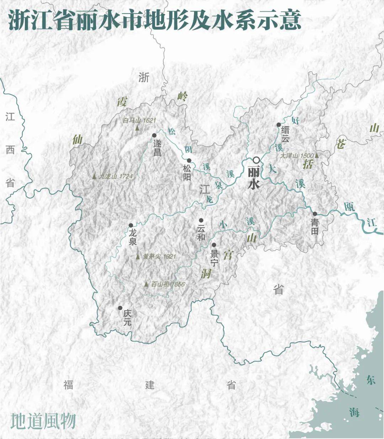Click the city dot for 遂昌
pos(154,135)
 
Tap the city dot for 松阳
pos(189,160)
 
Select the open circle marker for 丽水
pos(256,160)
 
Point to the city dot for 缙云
pos(279,125)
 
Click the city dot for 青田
pos(315,214)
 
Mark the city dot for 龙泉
pos(131,225)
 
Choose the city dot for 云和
pos(201,220)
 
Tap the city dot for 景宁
pos(214,245)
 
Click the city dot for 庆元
pos(121,308)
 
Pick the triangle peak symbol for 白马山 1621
pos(137,127)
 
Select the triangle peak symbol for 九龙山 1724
pos(94,176)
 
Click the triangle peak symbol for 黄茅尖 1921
pos(138,256)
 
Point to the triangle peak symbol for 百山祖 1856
pos(146,284)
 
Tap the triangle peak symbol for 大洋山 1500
pos(316,155)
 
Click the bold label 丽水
pos(254,178)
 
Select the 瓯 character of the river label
pos(349,207)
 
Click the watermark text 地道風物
pos(43,421)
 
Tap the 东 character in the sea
pos(371,380)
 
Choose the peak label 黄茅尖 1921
pos(159,256)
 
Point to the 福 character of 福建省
pos(69,385)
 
